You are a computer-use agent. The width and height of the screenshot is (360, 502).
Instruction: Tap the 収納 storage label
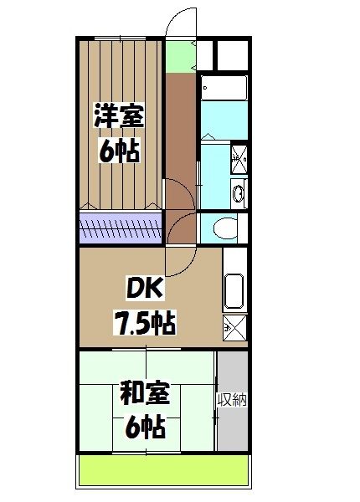click(233, 399)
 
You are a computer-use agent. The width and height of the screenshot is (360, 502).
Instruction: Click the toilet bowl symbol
click(224, 227)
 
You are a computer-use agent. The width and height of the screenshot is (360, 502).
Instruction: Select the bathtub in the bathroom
click(224, 90)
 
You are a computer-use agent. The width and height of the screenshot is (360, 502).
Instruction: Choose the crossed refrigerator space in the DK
click(234, 328)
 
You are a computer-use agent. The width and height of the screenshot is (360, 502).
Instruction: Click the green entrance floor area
click(177, 55)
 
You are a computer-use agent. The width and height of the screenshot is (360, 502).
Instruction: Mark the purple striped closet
click(121, 226)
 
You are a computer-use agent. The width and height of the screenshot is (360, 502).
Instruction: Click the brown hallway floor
click(178, 142)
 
